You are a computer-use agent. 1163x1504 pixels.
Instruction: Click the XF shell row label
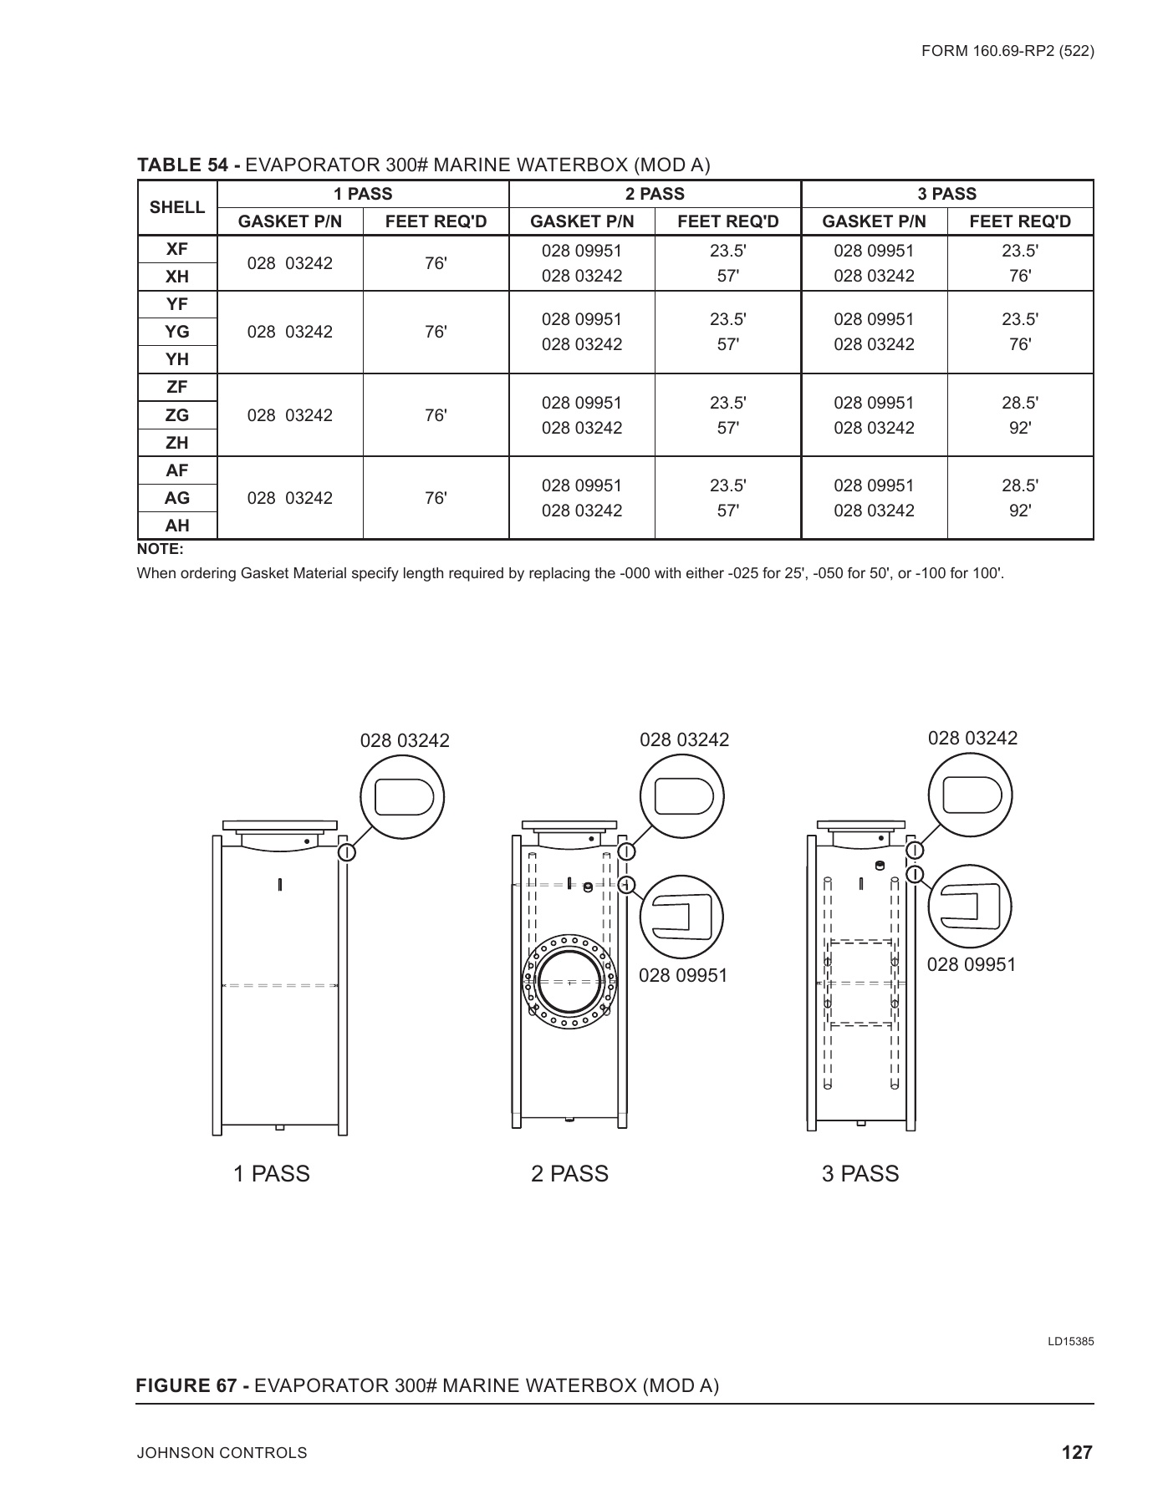point(177,249)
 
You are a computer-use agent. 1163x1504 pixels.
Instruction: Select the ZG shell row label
point(177,415)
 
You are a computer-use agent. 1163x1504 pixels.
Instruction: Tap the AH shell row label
point(177,526)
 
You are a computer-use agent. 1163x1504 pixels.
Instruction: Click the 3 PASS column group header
point(946,194)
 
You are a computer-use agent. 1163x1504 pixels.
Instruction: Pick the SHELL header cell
point(177,207)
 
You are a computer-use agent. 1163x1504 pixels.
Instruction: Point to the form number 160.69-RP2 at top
point(1007,51)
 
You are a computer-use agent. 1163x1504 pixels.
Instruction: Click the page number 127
point(1077,1453)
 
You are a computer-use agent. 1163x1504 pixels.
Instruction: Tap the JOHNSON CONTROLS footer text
point(222,1454)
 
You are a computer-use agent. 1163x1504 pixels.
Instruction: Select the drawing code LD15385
point(1071,1342)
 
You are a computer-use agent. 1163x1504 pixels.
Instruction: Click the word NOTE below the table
point(160,550)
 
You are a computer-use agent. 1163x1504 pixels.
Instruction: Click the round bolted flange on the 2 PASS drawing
point(569,983)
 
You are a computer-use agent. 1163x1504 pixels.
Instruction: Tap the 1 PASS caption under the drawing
point(272,1174)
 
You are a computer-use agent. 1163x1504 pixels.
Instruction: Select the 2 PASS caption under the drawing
point(569,1174)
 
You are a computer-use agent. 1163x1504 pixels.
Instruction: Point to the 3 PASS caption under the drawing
point(860,1174)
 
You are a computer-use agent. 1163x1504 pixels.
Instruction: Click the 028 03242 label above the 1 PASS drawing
point(405,741)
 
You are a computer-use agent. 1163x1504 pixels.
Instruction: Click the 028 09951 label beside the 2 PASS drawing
point(683,976)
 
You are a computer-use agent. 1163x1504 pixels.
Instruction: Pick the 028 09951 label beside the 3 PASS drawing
point(972,965)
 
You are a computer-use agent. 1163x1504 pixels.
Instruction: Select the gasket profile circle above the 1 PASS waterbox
point(402,798)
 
